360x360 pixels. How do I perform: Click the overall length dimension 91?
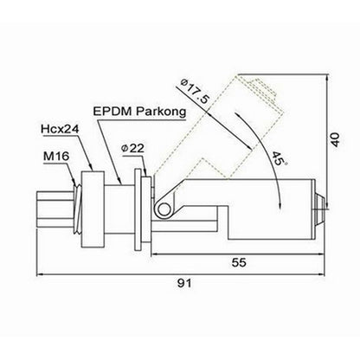[x=180, y=281]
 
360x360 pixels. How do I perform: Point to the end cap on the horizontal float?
[x=321, y=207]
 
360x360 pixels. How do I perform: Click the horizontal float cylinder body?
[x=260, y=208]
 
